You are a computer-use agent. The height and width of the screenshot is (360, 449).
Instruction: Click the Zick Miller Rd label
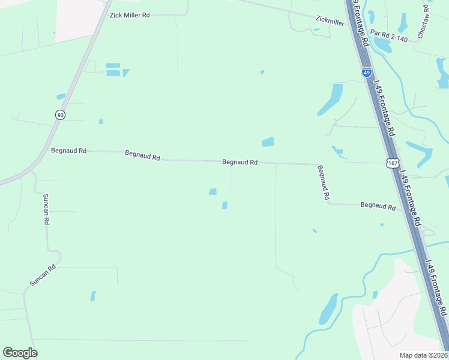click(129, 15)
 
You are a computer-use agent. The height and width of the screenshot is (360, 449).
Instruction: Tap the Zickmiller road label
click(330, 21)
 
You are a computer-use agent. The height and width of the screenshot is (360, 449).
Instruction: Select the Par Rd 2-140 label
click(388, 37)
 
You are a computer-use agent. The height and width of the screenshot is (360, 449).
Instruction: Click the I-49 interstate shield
click(366, 72)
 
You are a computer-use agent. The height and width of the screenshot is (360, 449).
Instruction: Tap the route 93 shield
click(60, 115)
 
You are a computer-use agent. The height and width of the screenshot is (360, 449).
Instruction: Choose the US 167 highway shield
click(392, 163)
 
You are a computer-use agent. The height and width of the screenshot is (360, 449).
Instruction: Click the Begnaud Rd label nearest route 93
click(68, 151)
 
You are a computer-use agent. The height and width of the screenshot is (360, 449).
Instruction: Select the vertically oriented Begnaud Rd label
click(324, 182)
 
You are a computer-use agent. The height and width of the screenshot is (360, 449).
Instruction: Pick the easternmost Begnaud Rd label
click(378, 206)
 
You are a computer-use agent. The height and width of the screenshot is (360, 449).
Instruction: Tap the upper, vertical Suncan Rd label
click(46, 209)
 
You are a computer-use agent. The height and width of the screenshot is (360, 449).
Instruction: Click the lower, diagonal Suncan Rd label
click(43, 275)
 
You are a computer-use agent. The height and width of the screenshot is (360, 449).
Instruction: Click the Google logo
click(20, 353)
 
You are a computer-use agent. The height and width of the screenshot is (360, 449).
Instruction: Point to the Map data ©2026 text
click(423, 355)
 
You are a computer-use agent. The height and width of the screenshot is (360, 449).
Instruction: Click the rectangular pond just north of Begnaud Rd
click(268, 142)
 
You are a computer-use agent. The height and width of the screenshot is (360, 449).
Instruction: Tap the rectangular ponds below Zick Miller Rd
click(113, 70)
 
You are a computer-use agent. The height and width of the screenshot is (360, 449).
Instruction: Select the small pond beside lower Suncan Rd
click(92, 296)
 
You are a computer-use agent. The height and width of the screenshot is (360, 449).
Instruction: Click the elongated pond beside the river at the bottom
click(328, 309)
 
